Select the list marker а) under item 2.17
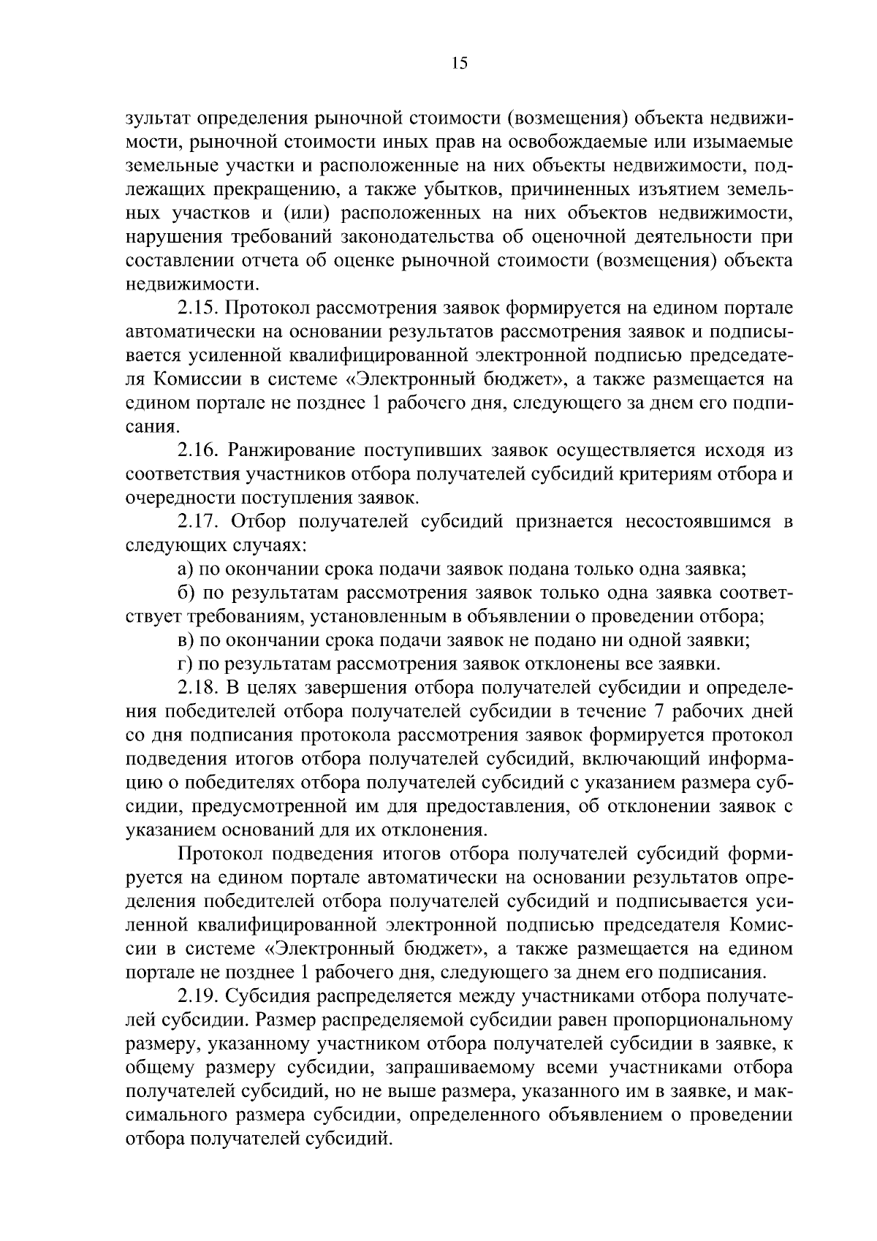(x=186, y=569)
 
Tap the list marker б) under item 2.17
(x=186, y=593)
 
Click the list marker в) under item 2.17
(x=186, y=641)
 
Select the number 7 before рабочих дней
(x=659, y=712)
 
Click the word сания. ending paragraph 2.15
(x=152, y=427)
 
